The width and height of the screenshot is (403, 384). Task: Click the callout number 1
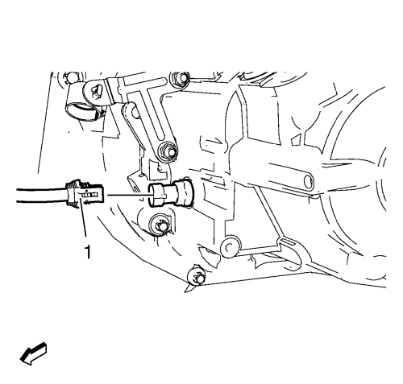tap(88, 252)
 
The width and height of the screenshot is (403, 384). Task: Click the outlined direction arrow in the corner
tap(33, 353)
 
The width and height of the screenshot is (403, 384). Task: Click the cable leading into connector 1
tap(41, 195)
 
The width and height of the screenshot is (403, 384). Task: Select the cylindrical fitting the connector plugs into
tap(171, 192)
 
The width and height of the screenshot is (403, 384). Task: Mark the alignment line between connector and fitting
tap(128, 195)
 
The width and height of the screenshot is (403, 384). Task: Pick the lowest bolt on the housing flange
tap(197, 275)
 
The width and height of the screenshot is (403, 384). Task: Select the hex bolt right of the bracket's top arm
tap(180, 78)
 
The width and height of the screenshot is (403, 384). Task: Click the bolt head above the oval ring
tap(70, 77)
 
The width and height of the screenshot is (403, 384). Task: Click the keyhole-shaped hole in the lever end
tap(96, 91)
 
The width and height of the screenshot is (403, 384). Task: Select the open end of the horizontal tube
tap(308, 182)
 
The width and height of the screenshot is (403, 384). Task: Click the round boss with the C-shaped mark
tap(228, 246)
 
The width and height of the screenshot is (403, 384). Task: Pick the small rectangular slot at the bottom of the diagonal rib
tap(288, 242)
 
